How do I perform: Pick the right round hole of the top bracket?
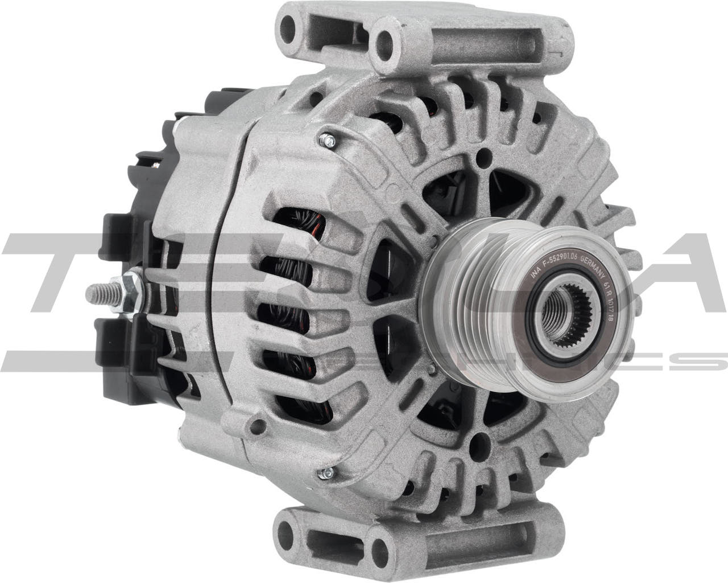pos(389,38)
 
